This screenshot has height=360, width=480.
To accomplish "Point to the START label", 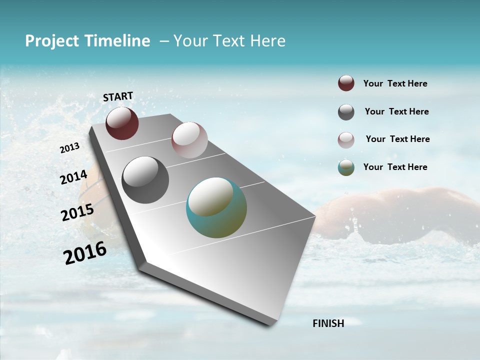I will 118,96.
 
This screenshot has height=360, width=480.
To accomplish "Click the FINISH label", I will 328,323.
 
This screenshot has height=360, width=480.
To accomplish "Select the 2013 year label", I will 70,147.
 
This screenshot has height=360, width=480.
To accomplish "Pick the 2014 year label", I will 74,177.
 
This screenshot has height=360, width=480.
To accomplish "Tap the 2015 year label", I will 77,212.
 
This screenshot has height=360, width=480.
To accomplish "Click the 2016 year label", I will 85,253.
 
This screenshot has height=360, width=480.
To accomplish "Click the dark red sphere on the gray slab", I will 122,123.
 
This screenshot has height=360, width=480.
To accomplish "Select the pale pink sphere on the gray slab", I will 189,140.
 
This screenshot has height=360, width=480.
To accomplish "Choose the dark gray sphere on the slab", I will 145,180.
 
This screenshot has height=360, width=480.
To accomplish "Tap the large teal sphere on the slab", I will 216,207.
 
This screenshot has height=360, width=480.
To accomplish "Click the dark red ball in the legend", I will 346,83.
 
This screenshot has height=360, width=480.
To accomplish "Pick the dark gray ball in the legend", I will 346,112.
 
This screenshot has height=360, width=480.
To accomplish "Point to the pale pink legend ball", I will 346,139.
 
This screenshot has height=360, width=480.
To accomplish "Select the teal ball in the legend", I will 346,167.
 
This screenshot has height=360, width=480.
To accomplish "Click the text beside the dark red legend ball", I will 395,84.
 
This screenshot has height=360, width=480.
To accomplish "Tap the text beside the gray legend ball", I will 396,111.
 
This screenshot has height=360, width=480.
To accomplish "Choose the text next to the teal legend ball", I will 395,167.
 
